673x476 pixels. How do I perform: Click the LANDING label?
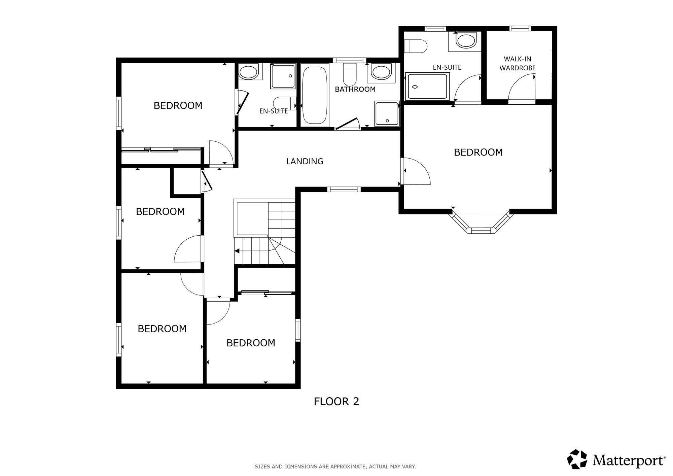pos(305,162)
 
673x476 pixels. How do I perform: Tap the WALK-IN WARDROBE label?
pos(518,64)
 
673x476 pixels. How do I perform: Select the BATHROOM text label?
pos(355,89)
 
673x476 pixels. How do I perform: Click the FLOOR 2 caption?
pos(336,401)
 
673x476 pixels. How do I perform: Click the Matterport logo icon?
pos(577,459)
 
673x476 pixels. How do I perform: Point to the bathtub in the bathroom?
pos(315,95)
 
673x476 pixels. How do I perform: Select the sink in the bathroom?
pos(381,72)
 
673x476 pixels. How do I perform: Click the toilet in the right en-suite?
pos(416,46)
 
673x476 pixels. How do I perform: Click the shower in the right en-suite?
pos(427,86)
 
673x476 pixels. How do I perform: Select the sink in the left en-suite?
pos(249,72)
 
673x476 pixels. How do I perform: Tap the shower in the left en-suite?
pos(283,76)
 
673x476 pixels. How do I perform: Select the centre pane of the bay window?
pos(481,231)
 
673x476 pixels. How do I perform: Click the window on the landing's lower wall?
pos(344,189)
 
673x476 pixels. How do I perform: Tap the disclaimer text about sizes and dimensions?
pos(335,467)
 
